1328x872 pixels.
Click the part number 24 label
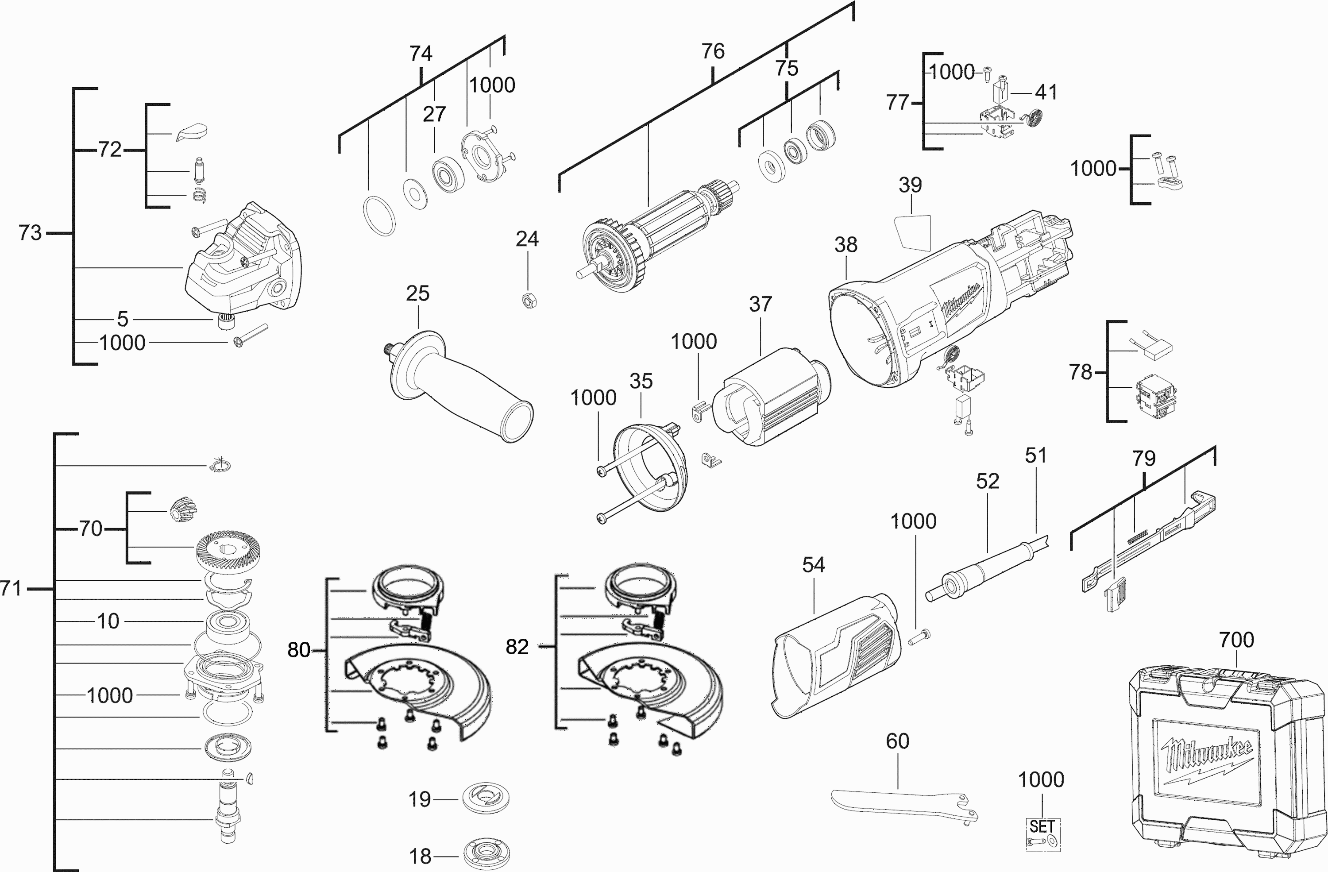[527, 239]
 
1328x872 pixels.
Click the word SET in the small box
[1042, 826]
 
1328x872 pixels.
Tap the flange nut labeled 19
[486, 799]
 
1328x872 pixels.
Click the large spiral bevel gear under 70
[229, 551]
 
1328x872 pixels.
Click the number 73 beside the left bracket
[30, 233]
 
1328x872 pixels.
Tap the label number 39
[910, 185]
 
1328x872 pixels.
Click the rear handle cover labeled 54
[838, 656]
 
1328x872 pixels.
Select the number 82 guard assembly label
[517, 647]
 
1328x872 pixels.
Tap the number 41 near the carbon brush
[1046, 92]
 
